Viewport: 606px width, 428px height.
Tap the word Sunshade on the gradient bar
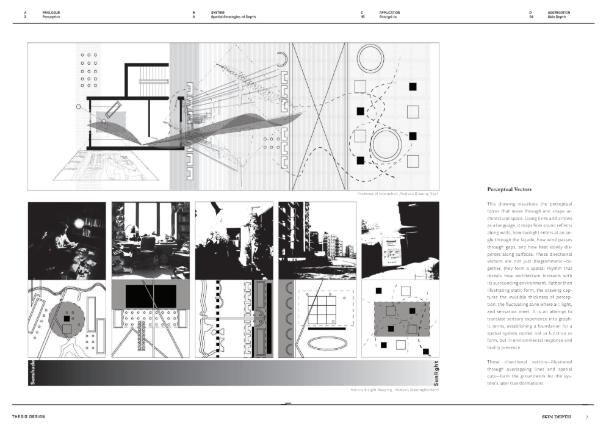pos(32,372)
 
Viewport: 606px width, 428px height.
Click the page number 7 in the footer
pos(587,417)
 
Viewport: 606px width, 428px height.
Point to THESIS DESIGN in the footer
pos(28,417)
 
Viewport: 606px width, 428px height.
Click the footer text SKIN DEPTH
pos(557,417)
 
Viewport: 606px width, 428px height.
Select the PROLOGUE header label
pos(51,12)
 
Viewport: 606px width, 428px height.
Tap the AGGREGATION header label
pos(559,12)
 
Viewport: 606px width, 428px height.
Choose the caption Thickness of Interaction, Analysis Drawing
pos(397,194)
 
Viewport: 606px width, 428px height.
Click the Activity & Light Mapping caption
pos(394,390)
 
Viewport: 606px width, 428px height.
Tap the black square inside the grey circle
pos(67,319)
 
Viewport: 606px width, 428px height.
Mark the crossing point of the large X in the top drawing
pos(318,115)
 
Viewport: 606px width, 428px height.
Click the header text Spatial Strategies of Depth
pos(233,17)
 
